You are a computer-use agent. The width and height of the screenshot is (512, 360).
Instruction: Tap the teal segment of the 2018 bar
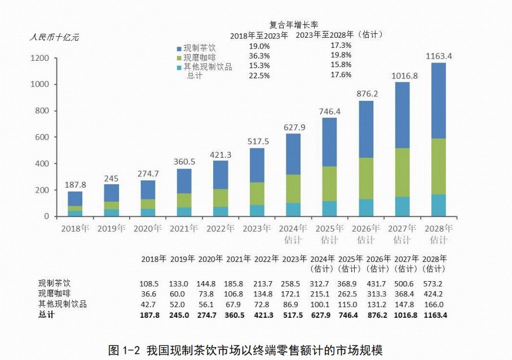click(75, 214)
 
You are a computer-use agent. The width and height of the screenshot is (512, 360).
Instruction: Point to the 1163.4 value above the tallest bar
click(439, 56)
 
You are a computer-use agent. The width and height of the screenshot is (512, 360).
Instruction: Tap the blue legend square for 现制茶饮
click(179, 49)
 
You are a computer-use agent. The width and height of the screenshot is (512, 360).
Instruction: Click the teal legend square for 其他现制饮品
click(179, 67)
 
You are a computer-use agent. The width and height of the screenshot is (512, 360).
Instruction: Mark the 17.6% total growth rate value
click(341, 74)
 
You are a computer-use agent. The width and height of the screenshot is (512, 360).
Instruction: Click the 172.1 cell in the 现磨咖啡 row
click(292, 294)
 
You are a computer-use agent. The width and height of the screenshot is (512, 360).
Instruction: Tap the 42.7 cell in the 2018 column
click(149, 304)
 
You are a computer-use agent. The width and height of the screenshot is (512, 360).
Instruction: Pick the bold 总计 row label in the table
click(47, 315)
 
